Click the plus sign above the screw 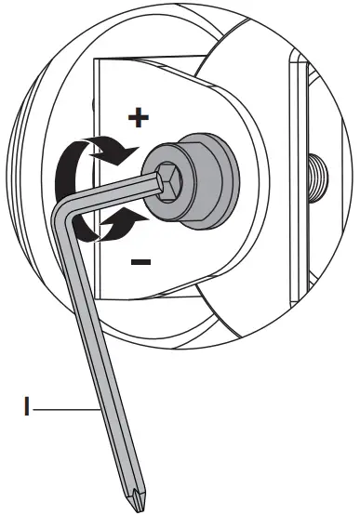click(138, 117)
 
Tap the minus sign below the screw click(140, 262)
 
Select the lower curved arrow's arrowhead click(136, 219)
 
